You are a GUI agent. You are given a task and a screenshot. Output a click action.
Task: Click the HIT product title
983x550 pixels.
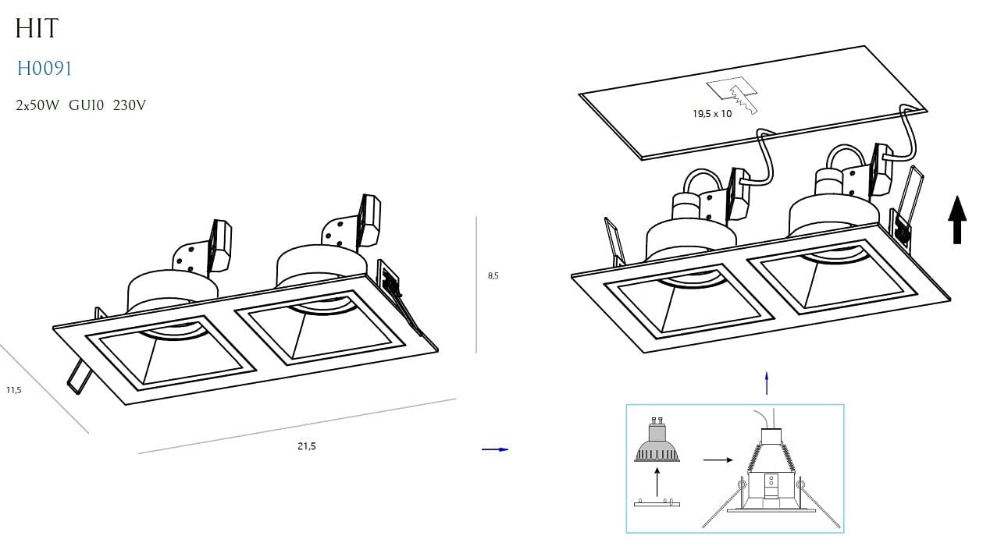pos(37,29)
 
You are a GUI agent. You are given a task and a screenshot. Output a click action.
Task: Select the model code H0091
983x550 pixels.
pos(44,69)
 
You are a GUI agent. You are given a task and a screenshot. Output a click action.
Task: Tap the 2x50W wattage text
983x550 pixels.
pos(37,105)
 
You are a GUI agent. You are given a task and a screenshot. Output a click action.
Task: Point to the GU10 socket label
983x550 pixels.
pos(86,105)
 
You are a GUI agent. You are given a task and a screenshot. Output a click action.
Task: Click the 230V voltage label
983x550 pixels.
pos(129,105)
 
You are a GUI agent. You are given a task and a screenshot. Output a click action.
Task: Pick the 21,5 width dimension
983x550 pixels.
pos(306,446)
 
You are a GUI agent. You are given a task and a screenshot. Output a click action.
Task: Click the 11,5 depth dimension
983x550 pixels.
pos(13,390)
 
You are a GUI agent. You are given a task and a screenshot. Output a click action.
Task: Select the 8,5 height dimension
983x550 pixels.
pos(493,275)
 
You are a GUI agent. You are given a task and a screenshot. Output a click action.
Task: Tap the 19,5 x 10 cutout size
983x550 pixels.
pos(712,114)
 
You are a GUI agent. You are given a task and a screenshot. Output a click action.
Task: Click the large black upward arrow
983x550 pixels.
pos(957,219)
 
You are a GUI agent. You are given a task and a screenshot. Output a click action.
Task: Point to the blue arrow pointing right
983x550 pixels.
pos(495,449)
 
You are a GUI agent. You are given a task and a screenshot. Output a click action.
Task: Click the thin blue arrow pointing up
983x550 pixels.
pos(767,383)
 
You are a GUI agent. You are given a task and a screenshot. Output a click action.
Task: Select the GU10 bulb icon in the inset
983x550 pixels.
pos(657,439)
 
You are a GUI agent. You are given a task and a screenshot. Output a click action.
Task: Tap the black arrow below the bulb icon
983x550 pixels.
pos(657,482)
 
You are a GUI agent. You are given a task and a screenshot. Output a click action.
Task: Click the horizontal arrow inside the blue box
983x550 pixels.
pos(718,460)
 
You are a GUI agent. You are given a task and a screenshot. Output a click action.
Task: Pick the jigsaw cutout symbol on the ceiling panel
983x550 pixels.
pos(732,95)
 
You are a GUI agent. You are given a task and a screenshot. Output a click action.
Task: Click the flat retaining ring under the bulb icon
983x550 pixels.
pos(657,502)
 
